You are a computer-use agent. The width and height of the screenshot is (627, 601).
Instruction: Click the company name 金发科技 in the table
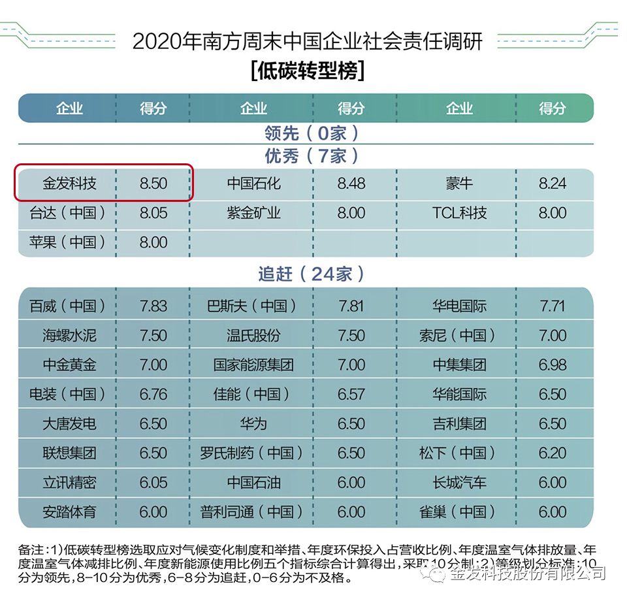tap(69, 184)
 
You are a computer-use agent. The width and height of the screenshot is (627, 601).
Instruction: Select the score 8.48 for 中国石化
tap(351, 184)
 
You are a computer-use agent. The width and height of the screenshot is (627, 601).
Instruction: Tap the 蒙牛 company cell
tap(459, 184)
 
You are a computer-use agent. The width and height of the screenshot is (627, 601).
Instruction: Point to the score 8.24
tap(553, 184)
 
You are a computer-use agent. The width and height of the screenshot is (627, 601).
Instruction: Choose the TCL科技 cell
tap(459, 213)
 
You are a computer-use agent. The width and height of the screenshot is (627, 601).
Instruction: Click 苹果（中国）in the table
tap(68, 242)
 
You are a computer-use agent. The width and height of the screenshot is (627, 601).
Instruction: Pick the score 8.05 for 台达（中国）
tap(153, 213)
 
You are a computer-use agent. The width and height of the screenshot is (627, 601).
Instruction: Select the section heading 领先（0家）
tap(312, 133)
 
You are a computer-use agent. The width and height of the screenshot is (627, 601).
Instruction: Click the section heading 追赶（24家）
tap(312, 274)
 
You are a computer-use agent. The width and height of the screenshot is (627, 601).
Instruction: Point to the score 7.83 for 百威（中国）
tap(153, 306)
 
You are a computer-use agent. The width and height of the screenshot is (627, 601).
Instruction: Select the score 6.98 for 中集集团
tap(553, 365)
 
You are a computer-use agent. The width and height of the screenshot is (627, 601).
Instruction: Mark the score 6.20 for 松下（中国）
tap(553, 453)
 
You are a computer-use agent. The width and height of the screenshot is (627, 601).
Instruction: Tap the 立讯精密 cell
tap(69, 482)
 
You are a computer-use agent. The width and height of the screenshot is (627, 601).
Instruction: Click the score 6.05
tap(153, 482)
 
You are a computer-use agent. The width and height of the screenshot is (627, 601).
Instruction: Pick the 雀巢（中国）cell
tap(458, 512)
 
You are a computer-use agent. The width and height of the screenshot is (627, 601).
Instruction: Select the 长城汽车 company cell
tap(459, 482)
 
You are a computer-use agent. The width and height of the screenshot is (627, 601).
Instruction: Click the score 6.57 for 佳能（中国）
tap(351, 394)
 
